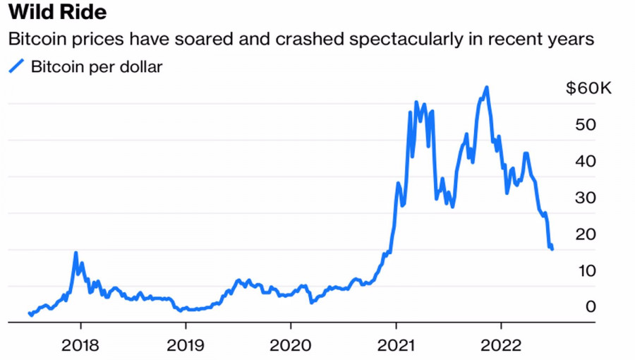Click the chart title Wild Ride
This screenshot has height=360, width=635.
point(57,12)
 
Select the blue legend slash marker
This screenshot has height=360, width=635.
point(16,67)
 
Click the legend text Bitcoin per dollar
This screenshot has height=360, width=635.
point(97,67)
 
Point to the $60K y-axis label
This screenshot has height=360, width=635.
point(589,88)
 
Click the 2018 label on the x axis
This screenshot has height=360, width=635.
point(80,345)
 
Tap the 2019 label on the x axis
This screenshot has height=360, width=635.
point(185,345)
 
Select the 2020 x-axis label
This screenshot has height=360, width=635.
point(291,345)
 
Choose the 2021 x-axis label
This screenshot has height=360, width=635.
point(396,345)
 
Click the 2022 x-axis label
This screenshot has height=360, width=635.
point(501,345)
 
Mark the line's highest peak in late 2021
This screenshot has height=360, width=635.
point(487,88)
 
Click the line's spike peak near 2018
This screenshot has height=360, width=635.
point(75,253)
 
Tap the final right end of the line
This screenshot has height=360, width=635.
point(552,249)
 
